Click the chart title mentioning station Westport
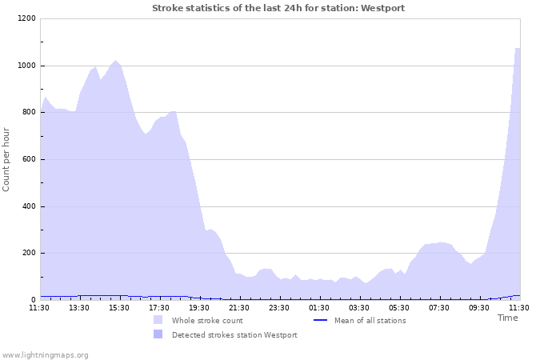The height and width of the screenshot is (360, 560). pyautogui.click(x=278, y=8)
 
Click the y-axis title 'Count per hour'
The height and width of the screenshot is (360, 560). pyautogui.click(x=7, y=158)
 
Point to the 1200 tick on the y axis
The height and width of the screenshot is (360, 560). pyautogui.click(x=26, y=18)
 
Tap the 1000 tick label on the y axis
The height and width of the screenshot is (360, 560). pyautogui.click(x=26, y=66)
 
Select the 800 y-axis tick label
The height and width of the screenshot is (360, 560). pyautogui.click(x=29, y=113)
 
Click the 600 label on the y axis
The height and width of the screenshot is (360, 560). pyautogui.click(x=29, y=160)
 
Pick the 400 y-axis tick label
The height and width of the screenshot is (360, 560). pyautogui.click(x=29, y=207)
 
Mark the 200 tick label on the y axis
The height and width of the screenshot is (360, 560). pyautogui.click(x=29, y=254)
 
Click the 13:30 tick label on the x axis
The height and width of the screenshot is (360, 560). pyautogui.click(x=79, y=307)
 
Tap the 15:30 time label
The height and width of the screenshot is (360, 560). pyautogui.click(x=119, y=307)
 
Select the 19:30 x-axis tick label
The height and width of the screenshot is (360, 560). pyautogui.click(x=199, y=307)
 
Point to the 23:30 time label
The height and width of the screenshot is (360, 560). pyautogui.click(x=279, y=307)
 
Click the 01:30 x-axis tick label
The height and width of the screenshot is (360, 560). pyautogui.click(x=319, y=307)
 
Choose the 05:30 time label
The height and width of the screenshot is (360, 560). pyautogui.click(x=399, y=307)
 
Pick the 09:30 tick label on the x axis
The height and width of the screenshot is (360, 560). pyautogui.click(x=479, y=307)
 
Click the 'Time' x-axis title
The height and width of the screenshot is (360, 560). pyautogui.click(x=508, y=318)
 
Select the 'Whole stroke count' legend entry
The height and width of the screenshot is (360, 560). pyautogui.click(x=207, y=321)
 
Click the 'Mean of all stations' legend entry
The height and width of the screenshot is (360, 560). pyautogui.click(x=370, y=321)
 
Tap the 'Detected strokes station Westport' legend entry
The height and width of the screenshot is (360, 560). pyautogui.click(x=234, y=335)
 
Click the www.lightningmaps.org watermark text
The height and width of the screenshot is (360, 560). pyautogui.click(x=46, y=354)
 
